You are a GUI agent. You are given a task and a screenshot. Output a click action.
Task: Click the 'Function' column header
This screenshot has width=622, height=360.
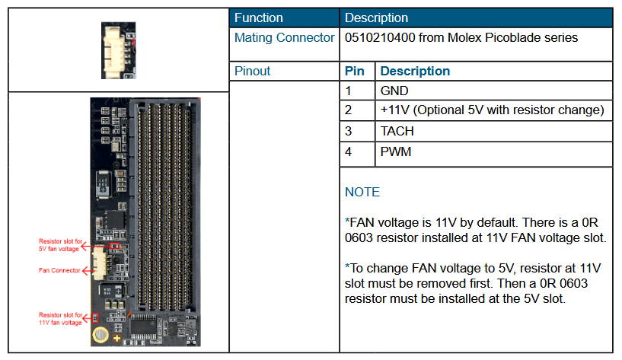[x=259, y=18]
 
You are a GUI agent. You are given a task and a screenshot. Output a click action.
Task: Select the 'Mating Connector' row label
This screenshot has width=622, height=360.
[x=284, y=37]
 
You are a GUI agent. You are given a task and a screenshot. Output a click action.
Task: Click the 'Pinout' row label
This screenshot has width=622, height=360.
[x=253, y=71]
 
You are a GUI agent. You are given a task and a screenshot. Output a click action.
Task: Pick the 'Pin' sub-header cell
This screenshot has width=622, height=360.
[x=355, y=71]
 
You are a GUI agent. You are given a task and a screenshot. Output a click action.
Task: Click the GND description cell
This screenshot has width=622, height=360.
[x=394, y=91]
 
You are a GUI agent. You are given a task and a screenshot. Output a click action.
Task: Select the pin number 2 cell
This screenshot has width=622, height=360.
[x=349, y=110]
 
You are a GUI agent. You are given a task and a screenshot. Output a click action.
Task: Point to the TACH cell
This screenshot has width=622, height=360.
[x=397, y=131]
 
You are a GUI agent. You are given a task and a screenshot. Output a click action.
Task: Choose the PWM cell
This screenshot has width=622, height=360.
[x=396, y=151]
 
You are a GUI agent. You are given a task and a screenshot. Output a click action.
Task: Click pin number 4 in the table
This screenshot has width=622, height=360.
[x=349, y=151]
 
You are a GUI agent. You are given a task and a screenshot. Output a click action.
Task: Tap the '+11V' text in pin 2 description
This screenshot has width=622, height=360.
[x=397, y=110]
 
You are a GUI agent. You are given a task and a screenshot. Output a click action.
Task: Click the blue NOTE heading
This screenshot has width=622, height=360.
[x=362, y=192]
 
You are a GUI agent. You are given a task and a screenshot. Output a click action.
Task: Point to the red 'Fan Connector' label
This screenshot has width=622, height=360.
[x=58, y=270]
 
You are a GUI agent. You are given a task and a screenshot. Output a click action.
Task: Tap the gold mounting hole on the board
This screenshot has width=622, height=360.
[x=100, y=335]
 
